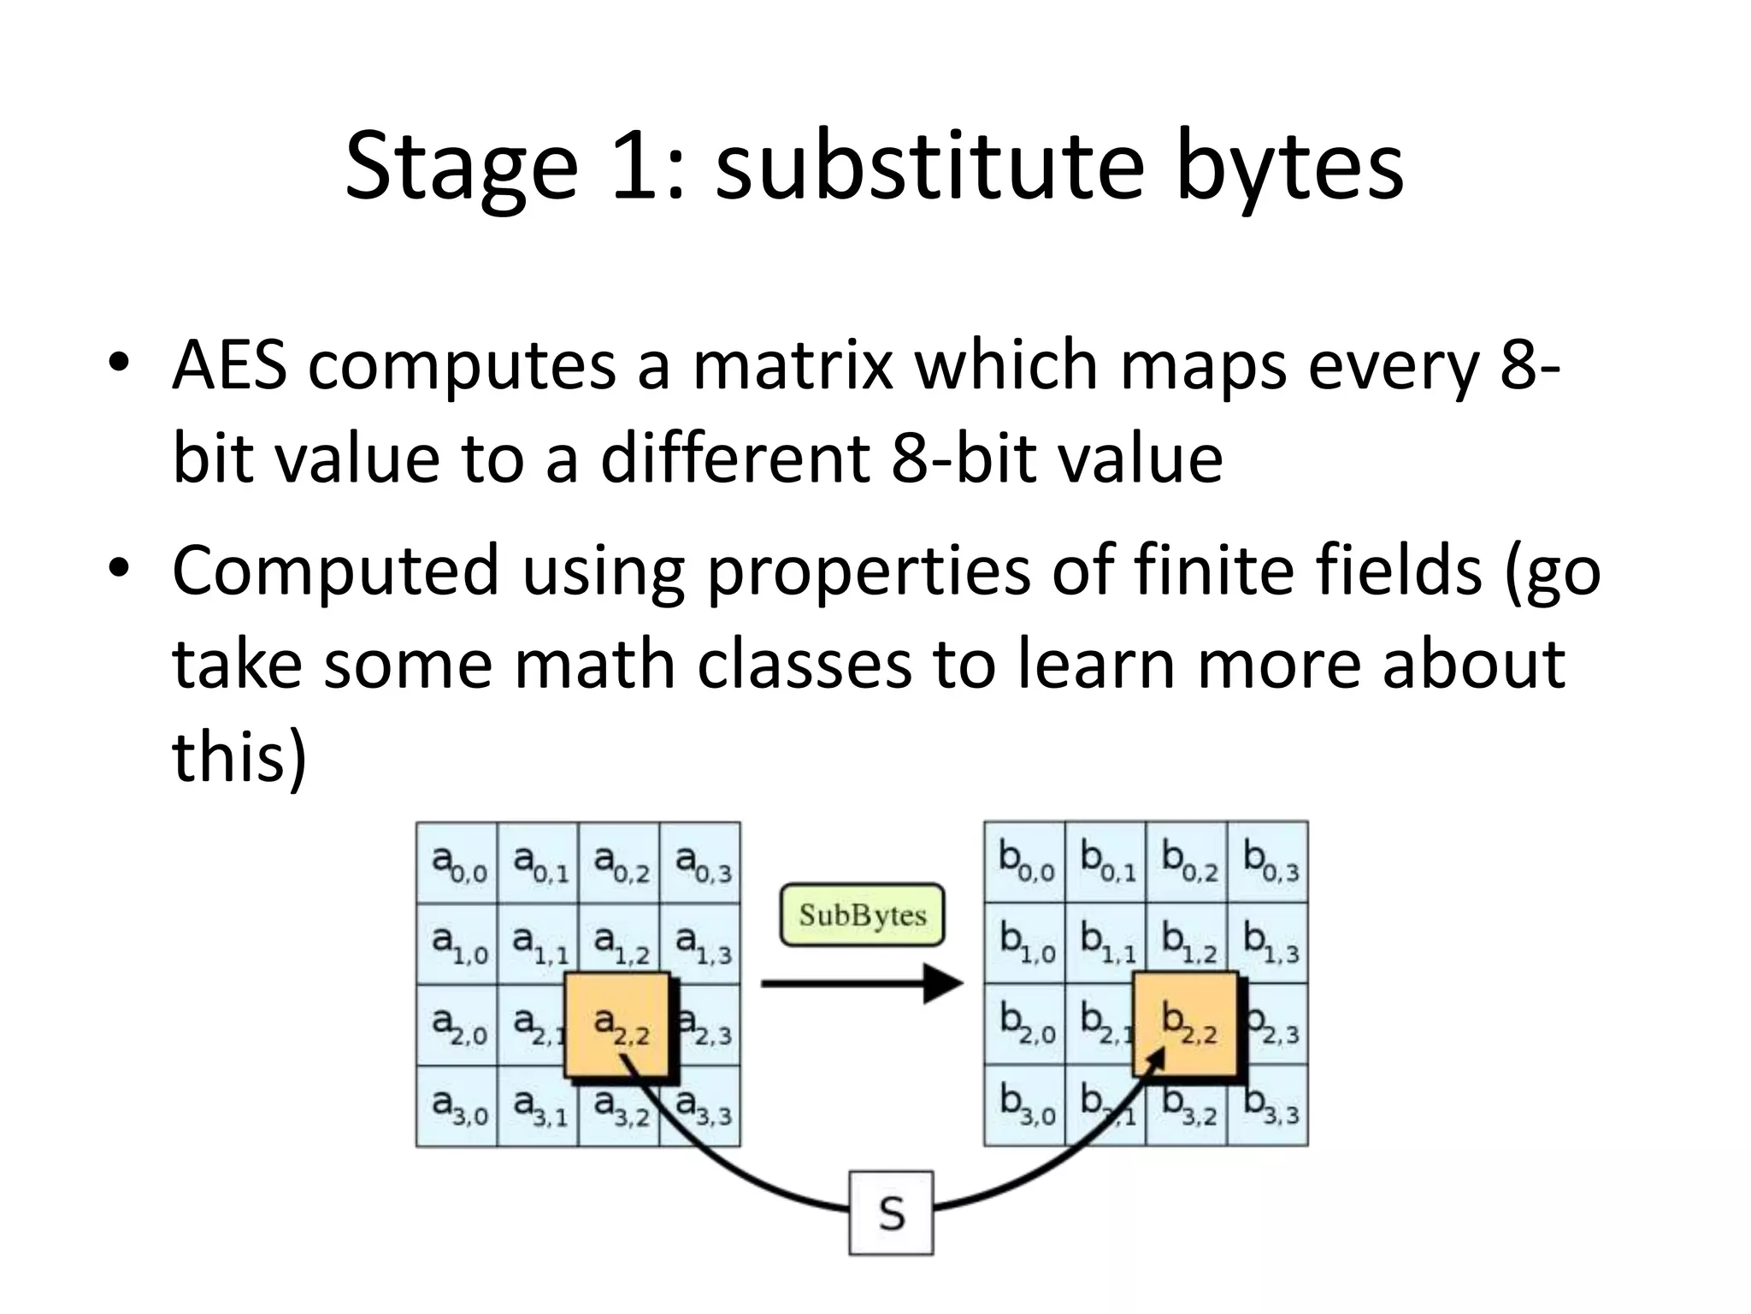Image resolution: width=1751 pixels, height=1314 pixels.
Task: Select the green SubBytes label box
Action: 862,915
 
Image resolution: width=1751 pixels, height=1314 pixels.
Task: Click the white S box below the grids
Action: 891,1213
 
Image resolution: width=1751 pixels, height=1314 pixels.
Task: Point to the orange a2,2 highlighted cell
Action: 617,1024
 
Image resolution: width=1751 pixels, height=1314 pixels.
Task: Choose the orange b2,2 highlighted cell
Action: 1186,1024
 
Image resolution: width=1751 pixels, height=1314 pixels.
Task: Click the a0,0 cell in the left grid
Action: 457,862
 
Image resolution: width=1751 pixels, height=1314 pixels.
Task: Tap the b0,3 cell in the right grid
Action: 1268,861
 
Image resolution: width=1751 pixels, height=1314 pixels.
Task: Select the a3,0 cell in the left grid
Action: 457,1106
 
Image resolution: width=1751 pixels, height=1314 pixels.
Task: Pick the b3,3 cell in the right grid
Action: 1268,1106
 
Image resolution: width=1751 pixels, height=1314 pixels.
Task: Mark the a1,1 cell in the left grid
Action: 538,944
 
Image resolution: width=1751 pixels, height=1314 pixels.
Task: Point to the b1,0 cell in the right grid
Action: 1024,943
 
